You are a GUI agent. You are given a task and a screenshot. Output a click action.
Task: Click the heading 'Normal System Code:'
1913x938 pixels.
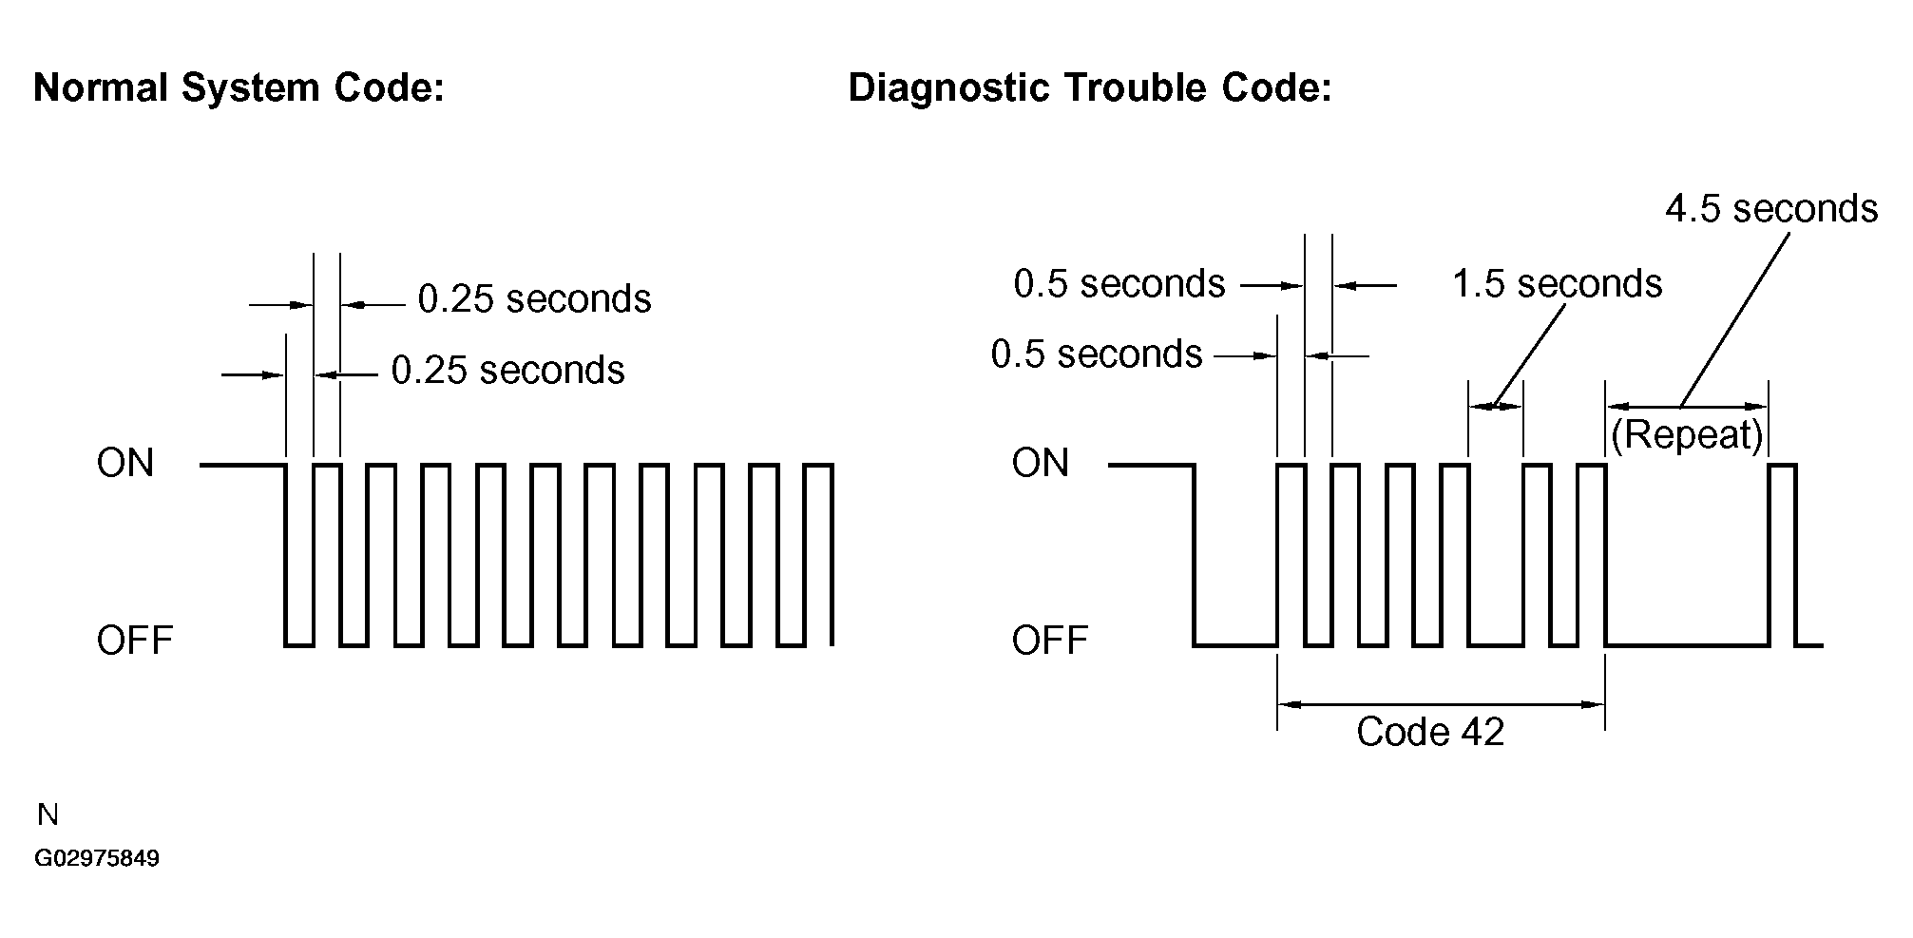(x=239, y=88)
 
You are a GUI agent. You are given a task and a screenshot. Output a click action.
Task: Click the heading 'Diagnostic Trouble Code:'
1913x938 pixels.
(x=1089, y=88)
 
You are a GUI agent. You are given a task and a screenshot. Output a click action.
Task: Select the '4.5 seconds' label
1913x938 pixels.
(x=1771, y=209)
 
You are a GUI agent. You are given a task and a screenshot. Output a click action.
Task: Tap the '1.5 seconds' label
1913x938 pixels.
(x=1557, y=284)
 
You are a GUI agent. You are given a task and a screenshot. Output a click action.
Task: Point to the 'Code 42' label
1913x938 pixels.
(x=1430, y=732)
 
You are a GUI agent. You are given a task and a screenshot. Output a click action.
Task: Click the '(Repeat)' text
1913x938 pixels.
(x=1688, y=434)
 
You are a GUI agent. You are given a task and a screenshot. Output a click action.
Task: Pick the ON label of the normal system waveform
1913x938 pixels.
(x=124, y=464)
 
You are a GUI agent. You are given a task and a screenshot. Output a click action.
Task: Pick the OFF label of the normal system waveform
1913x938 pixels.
(x=135, y=641)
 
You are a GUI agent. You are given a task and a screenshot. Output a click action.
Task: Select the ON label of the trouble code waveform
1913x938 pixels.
(x=1040, y=464)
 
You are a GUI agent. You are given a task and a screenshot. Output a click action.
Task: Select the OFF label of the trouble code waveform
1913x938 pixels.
(x=1050, y=641)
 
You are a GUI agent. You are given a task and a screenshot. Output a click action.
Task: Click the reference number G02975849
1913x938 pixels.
(x=97, y=859)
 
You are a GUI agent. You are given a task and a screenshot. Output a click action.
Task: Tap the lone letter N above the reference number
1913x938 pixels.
(x=48, y=815)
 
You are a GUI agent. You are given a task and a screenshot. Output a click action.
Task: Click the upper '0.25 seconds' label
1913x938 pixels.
(x=535, y=299)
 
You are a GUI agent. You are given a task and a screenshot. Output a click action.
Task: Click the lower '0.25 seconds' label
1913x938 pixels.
(x=508, y=371)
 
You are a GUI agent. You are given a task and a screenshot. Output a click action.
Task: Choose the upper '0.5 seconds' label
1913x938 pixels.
(x=1119, y=284)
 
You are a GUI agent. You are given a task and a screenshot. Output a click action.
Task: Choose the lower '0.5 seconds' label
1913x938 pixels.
(x=1097, y=354)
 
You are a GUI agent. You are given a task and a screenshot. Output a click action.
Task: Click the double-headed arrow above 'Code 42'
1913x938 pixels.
(x=1442, y=704)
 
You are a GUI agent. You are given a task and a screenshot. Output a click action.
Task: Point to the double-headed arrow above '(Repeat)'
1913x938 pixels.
(x=1687, y=407)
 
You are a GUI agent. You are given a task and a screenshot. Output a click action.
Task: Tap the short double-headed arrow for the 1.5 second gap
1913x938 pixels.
(x=1496, y=407)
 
